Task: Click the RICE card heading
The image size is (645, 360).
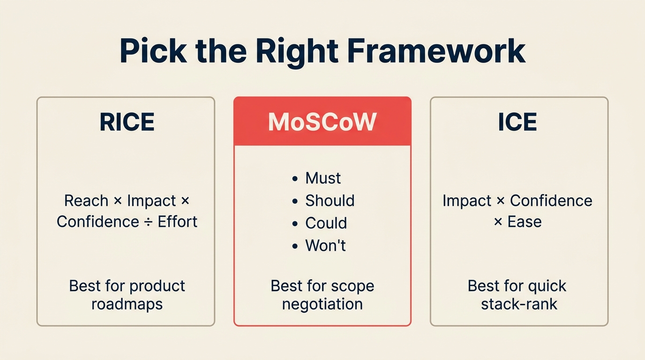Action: click(127, 122)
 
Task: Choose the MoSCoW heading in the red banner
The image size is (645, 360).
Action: click(322, 122)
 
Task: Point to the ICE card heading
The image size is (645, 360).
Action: click(517, 122)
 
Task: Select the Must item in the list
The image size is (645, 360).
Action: click(323, 178)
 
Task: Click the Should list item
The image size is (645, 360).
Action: click(330, 201)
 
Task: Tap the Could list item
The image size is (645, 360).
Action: click(326, 223)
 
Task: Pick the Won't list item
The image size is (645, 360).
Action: click(325, 246)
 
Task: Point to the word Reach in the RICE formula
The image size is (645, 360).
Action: click(86, 201)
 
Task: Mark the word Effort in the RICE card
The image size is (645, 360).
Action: click(177, 221)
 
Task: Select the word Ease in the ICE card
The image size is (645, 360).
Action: click(525, 221)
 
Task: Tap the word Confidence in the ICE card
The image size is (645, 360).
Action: click(551, 201)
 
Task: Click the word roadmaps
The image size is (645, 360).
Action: click(127, 304)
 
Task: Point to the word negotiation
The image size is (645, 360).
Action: click(322, 304)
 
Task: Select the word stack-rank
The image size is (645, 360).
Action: click(519, 304)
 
